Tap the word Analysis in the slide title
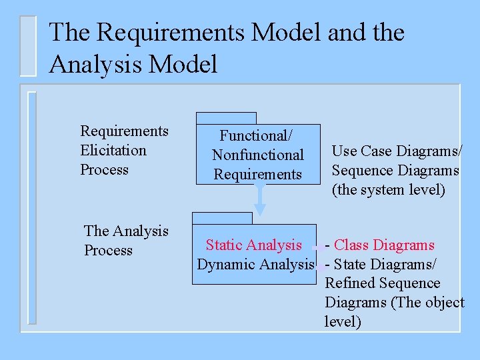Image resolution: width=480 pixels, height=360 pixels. [96, 65]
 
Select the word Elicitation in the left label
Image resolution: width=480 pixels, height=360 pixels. [113, 150]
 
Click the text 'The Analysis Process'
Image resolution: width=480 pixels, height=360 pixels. [126, 241]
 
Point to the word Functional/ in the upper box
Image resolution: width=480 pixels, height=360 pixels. [257, 135]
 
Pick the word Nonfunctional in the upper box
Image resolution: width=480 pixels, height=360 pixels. [257, 155]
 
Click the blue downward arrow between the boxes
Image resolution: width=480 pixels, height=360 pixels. [261, 199]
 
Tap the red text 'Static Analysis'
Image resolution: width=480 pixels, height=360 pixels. [253, 245]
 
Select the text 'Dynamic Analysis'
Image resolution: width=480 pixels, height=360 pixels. [255, 265]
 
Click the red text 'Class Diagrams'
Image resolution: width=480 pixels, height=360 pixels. [384, 245]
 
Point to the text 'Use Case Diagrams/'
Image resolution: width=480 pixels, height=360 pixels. [397, 151]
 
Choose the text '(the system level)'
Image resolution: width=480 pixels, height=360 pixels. [388, 190]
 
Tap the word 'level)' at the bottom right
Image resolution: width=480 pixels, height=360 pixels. [343, 322]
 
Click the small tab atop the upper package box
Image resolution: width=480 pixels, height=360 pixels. [226, 118]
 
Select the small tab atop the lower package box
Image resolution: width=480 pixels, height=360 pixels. [222, 218]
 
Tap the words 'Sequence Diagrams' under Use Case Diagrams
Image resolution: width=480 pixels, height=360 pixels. [395, 171]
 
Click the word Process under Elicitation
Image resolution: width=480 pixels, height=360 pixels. [104, 169]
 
